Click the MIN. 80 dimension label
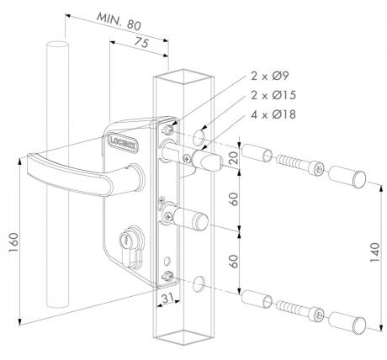point(119,21)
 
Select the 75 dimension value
point(140,43)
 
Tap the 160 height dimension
point(14,242)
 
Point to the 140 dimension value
point(374,252)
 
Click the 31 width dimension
point(167,299)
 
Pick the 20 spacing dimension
point(233,157)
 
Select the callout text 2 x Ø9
point(270,76)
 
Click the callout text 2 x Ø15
point(273,95)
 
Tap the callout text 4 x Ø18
point(273,114)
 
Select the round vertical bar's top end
point(58,45)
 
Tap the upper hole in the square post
point(199,136)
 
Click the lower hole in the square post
point(199,283)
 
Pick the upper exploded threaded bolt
point(300,166)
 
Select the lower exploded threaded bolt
point(300,310)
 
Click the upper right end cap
point(347,177)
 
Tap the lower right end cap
point(347,323)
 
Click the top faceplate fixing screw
point(167,129)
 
